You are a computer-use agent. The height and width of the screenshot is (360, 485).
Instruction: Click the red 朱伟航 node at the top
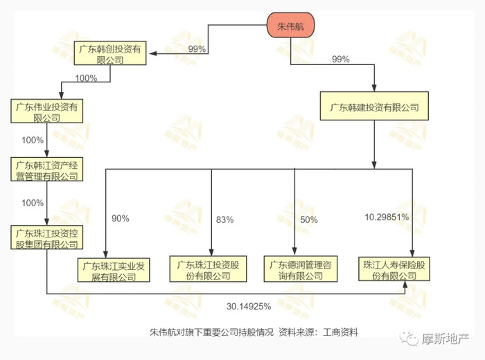[x=291, y=26]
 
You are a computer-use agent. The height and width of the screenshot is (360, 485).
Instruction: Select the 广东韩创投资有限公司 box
[x=110, y=53]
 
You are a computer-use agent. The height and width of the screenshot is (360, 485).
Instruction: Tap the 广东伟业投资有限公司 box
[x=46, y=111]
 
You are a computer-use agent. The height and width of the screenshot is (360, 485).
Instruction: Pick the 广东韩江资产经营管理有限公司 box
[x=46, y=170]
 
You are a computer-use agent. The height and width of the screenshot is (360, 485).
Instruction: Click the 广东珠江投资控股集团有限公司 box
[x=46, y=237]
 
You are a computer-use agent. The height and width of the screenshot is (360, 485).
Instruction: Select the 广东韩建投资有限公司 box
[x=374, y=106]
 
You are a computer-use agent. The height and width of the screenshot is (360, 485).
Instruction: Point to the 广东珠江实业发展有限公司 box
[x=114, y=270]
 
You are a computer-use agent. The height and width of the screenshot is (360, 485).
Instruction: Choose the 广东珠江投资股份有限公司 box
[x=208, y=269]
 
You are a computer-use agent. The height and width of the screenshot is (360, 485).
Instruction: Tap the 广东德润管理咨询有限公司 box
[x=301, y=269]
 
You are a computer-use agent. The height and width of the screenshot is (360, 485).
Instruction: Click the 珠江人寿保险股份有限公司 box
[x=394, y=269]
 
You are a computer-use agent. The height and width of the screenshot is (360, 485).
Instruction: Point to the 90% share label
[x=121, y=219]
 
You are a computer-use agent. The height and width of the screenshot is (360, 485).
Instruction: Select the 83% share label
[x=225, y=219]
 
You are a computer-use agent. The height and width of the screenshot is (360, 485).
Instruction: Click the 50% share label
[x=309, y=219]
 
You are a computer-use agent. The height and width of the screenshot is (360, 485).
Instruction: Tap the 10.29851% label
[x=387, y=217]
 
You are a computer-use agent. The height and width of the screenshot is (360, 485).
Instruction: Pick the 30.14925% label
[x=249, y=306]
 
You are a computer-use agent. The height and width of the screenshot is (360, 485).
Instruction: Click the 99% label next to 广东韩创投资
[x=197, y=49]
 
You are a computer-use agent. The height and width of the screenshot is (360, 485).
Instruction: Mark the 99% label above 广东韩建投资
[x=341, y=59]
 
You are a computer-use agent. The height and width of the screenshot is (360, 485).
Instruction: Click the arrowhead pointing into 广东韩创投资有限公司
[x=153, y=53]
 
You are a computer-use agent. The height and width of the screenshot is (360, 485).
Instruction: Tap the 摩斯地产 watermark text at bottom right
[x=445, y=339]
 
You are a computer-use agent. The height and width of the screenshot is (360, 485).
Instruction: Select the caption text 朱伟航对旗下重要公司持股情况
[x=211, y=332]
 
